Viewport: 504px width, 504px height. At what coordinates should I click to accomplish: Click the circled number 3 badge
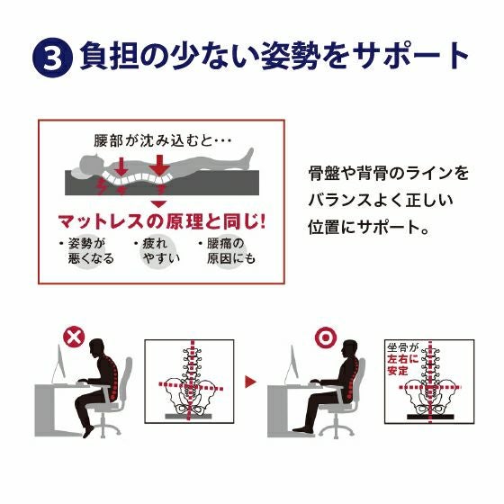coord(52,58)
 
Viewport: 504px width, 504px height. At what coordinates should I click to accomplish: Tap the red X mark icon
coord(74,337)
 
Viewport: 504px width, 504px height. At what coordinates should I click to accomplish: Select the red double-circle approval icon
coord(326,337)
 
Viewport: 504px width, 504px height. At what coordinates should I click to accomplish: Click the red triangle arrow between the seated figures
coord(250,382)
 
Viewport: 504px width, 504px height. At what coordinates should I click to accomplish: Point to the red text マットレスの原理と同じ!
coord(162,221)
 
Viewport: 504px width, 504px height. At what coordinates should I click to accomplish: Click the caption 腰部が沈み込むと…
coord(162,140)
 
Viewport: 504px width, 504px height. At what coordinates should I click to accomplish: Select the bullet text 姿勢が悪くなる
coord(86,251)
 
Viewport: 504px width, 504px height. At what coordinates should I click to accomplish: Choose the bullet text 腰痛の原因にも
coord(227,251)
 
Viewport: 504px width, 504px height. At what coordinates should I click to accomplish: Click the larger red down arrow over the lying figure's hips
coord(159,166)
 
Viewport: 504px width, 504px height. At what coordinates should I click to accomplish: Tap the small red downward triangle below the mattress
coord(158,204)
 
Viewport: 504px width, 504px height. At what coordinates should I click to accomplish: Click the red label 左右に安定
coord(403,364)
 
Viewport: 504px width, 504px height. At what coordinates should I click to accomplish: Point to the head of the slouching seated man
coord(97,348)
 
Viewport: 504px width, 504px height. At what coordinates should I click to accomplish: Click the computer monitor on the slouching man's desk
coord(59,364)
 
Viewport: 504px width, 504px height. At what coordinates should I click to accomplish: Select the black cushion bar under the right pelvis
coord(430,417)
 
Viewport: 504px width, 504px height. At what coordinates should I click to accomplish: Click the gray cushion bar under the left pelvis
coord(189,416)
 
